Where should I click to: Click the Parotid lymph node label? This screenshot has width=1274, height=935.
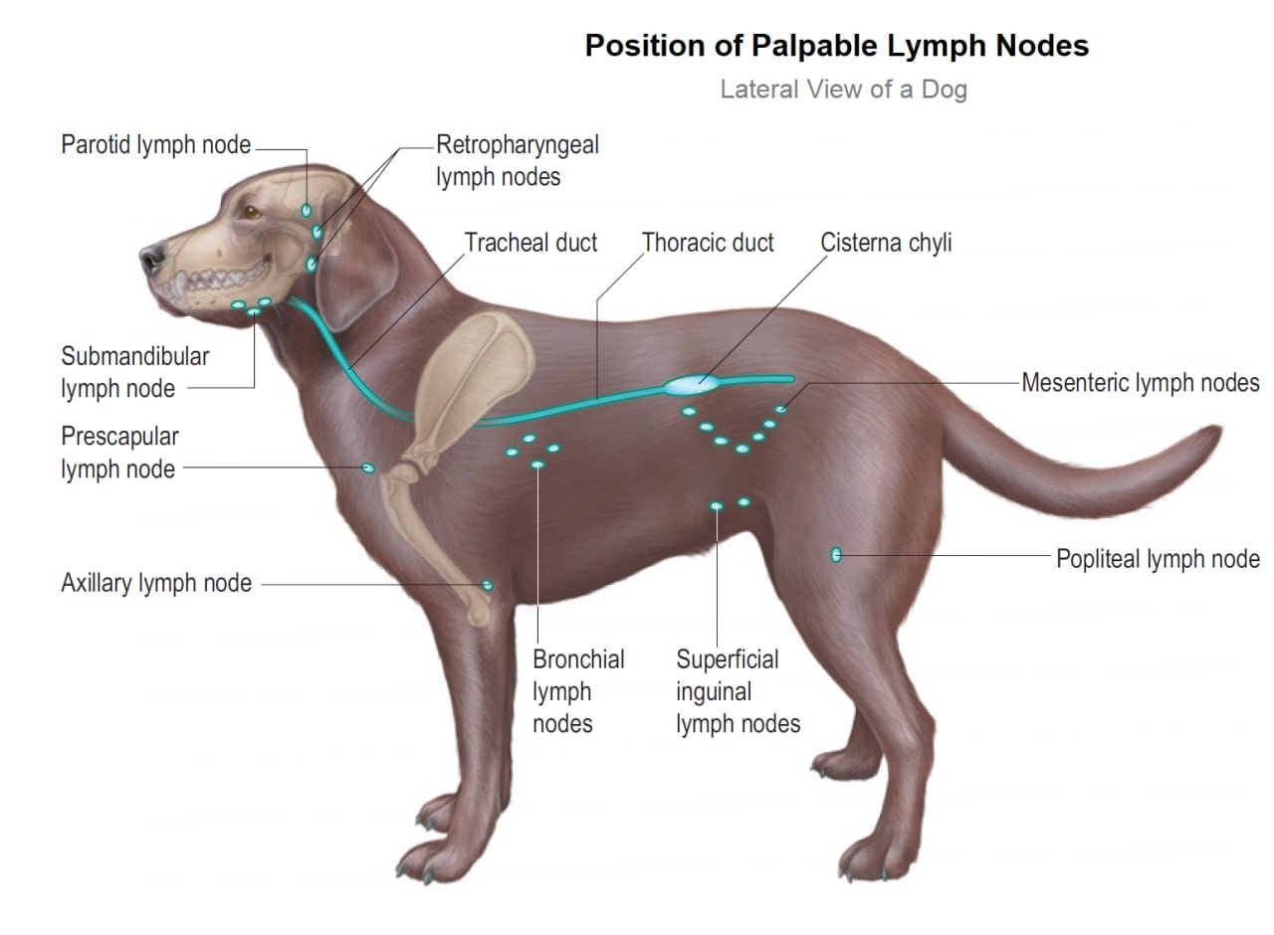155,145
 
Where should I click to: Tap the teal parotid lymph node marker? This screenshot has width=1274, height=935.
306,211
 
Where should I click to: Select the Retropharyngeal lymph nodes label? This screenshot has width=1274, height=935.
518,161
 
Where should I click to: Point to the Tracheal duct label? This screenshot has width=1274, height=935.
531,243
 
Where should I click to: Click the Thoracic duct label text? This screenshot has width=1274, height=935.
708,243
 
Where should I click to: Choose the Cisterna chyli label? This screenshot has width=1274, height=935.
886,243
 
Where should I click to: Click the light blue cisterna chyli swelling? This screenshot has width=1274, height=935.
692,385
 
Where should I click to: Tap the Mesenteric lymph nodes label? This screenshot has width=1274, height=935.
1141,383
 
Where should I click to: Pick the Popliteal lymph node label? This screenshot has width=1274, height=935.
1158,559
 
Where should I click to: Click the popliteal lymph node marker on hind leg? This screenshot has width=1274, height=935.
836,555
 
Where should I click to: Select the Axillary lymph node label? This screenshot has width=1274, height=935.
156,583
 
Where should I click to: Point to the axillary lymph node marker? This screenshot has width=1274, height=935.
488,585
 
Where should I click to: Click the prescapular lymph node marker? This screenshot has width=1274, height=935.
368,467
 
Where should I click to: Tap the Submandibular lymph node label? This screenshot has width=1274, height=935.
135,373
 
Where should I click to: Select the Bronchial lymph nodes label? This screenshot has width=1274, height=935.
578,691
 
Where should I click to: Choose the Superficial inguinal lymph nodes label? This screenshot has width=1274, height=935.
739,691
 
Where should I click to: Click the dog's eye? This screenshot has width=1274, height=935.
251,213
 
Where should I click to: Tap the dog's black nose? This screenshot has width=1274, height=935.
152,258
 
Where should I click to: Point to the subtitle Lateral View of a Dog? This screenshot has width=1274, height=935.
843,90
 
